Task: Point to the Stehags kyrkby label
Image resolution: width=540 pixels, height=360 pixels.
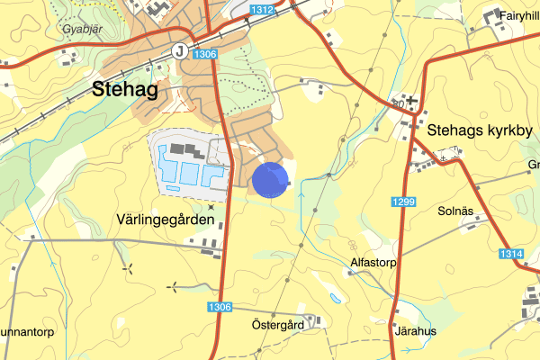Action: (480, 130)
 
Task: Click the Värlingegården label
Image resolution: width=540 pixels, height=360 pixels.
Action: (166, 220)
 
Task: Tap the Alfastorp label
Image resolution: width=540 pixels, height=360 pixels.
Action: (373, 263)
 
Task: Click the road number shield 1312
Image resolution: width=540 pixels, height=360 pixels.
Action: (262, 10)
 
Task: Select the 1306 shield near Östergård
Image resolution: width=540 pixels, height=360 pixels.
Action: (220, 307)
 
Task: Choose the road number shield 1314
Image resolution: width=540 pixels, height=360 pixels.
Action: (510, 255)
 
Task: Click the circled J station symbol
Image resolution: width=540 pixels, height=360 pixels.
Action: (181, 50)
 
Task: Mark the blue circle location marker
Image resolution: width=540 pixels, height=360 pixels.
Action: (270, 179)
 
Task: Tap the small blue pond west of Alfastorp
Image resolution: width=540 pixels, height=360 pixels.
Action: (335, 298)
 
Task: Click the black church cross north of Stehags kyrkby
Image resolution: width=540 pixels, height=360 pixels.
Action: (411, 100)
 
